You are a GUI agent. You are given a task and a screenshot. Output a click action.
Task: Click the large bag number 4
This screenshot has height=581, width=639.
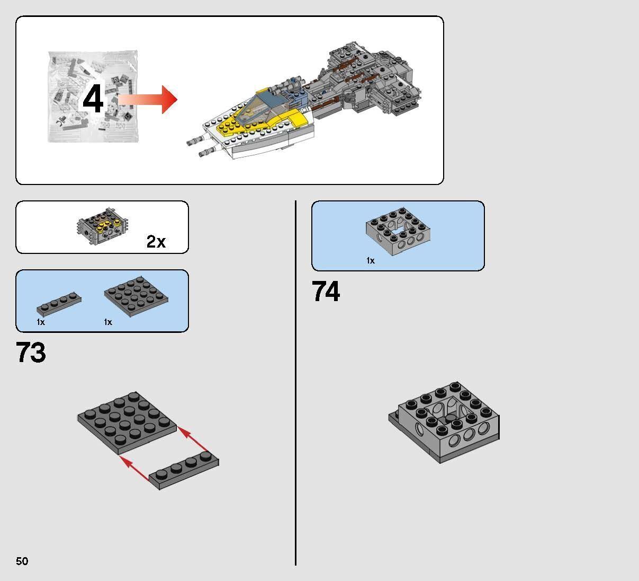click(93, 100)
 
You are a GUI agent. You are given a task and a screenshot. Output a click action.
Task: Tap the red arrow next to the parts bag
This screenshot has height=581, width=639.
click(148, 99)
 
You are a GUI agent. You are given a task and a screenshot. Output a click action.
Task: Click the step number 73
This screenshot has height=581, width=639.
click(31, 353)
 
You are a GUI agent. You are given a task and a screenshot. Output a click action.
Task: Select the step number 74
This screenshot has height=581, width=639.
click(326, 292)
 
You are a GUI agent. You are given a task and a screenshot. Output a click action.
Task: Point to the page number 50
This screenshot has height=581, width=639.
click(22, 561)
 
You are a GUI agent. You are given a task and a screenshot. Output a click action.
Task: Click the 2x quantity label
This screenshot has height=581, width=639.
click(156, 242)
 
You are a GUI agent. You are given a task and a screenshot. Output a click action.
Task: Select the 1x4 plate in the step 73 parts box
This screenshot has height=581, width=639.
click(59, 304)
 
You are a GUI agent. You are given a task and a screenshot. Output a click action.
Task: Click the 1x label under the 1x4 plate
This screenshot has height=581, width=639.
click(41, 322)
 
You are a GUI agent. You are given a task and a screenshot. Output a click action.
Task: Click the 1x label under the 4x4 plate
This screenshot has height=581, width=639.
click(108, 322)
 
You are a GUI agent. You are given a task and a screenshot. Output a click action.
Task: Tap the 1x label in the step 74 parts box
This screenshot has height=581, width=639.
click(371, 260)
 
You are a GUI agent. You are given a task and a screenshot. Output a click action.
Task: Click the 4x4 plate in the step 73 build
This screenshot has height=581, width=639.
click(127, 422)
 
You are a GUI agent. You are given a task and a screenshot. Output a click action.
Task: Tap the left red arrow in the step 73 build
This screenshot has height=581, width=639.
click(134, 469)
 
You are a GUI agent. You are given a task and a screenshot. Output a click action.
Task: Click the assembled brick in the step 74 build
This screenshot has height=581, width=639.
click(445, 422)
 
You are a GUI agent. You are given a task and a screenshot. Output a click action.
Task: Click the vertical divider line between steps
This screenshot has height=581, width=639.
click(295, 382)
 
